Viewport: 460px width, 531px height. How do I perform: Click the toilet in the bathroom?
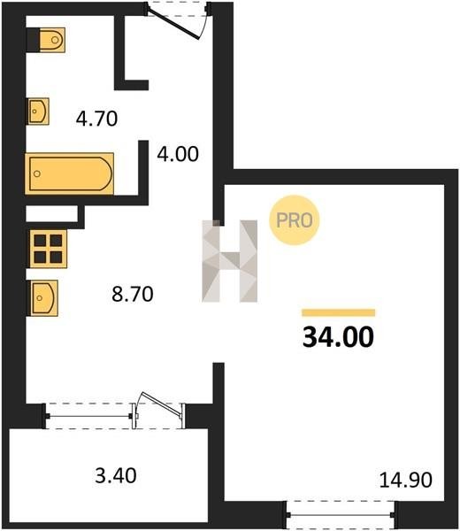click(x=52, y=40)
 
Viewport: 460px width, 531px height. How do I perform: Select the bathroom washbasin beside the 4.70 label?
click(x=38, y=112)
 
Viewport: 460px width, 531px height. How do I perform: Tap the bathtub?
click(x=69, y=173)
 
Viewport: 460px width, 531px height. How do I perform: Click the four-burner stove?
click(x=48, y=249)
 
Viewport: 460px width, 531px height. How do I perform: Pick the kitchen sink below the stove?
click(x=44, y=298)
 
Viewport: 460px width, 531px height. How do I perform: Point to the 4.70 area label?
click(x=96, y=119)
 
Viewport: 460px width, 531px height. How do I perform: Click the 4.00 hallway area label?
click(x=178, y=154)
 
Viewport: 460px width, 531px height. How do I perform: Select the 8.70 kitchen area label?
click(x=133, y=294)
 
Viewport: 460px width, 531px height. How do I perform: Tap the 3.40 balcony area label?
click(x=116, y=475)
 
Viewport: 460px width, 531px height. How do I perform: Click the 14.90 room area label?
click(x=406, y=480)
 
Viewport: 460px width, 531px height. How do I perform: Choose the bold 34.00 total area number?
click(x=338, y=337)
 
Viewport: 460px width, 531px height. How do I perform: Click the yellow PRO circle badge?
click(x=295, y=220)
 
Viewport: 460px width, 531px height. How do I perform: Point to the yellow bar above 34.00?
click(x=339, y=312)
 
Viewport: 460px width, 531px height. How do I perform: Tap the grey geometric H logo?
click(x=229, y=261)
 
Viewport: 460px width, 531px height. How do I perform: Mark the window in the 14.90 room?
click(x=341, y=515)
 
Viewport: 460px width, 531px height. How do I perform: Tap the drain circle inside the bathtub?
click(x=37, y=173)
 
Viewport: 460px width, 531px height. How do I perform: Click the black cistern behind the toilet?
click(x=33, y=40)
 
